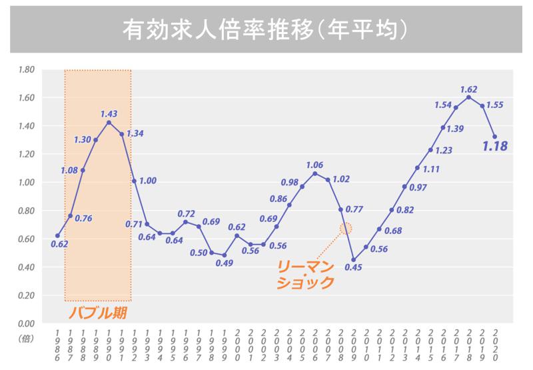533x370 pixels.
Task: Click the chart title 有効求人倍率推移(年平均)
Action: (266, 29)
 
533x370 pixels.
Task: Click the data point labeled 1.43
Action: (109, 122)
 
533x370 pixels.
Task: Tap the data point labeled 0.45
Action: (353, 260)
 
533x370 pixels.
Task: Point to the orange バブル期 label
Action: (99, 311)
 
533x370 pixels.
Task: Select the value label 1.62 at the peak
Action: (469, 89)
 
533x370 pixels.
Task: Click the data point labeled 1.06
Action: (315, 173)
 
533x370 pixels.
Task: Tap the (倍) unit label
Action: (26, 339)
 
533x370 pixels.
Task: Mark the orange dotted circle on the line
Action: (346, 228)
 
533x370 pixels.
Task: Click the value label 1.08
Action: (69, 170)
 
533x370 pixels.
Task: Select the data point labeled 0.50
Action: (211, 253)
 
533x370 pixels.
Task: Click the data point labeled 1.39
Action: (443, 127)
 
